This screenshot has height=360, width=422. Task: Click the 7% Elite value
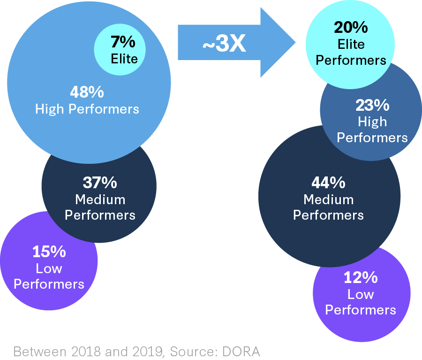click(x=123, y=42)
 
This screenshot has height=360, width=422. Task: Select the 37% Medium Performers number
click(x=100, y=182)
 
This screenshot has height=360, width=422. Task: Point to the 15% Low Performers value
click(x=49, y=252)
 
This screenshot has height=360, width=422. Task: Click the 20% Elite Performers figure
click(x=351, y=27)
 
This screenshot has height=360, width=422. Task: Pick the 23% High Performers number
click(x=372, y=105)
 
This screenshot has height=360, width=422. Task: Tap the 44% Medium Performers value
click(x=328, y=182)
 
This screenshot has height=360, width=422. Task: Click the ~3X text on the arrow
click(x=224, y=45)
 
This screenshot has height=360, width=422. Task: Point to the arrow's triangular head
click(x=279, y=42)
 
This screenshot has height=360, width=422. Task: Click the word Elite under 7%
click(x=124, y=59)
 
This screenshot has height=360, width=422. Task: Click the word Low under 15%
click(x=49, y=268)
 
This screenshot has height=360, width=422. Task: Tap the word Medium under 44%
click(x=328, y=199)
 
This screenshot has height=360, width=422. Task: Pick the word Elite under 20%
click(x=351, y=44)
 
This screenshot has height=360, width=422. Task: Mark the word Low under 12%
click(x=361, y=294)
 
